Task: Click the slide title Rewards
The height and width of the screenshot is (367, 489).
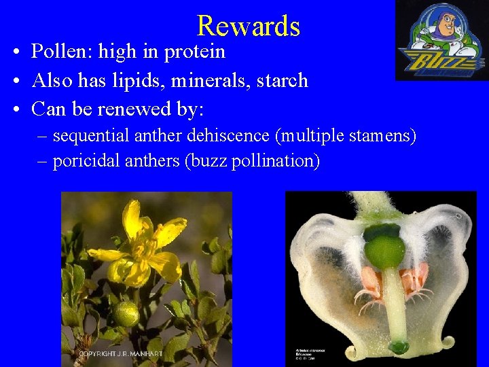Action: [248, 26]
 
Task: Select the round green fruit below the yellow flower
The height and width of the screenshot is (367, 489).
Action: [126, 314]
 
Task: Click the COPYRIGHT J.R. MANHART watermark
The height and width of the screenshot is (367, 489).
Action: [120, 354]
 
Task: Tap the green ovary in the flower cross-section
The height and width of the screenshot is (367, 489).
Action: [384, 246]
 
